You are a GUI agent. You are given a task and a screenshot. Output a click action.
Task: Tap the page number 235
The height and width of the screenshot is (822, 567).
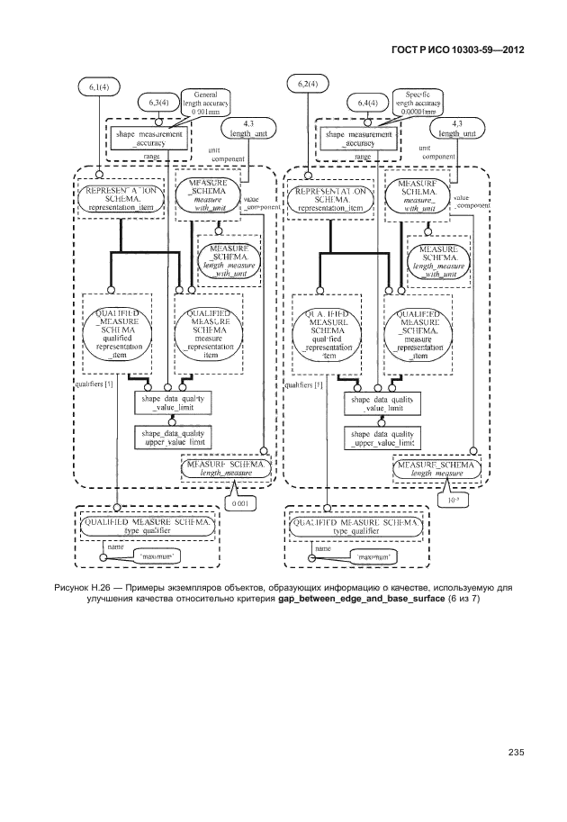[x=516, y=754]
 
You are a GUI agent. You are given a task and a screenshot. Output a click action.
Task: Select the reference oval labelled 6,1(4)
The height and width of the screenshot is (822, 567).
[x=99, y=86]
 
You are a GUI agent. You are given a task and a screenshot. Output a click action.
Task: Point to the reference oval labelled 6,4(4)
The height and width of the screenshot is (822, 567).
[x=366, y=104]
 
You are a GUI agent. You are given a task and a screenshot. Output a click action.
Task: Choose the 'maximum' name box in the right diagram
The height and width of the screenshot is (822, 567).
[x=360, y=558]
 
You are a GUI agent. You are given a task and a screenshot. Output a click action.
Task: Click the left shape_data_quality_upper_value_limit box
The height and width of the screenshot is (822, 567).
[x=172, y=438]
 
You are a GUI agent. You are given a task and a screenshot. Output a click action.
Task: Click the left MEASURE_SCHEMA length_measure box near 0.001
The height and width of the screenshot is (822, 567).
[x=225, y=466]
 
